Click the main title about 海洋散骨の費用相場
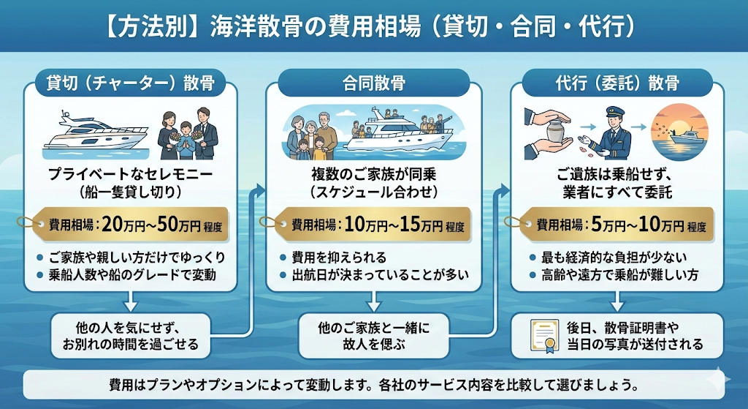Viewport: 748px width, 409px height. (374, 27)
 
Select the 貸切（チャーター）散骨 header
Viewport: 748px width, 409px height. (131, 83)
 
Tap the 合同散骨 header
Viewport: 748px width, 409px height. (375, 83)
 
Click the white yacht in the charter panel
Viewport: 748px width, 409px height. (80, 133)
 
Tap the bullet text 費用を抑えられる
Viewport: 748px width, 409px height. (340, 258)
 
